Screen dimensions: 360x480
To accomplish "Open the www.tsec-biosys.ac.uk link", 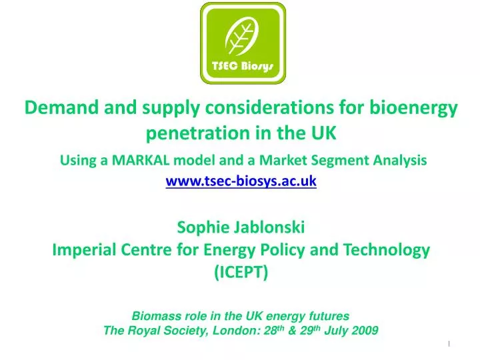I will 241,181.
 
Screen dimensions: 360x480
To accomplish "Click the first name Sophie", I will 203,227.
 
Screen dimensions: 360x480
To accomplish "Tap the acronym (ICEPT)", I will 241,273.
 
